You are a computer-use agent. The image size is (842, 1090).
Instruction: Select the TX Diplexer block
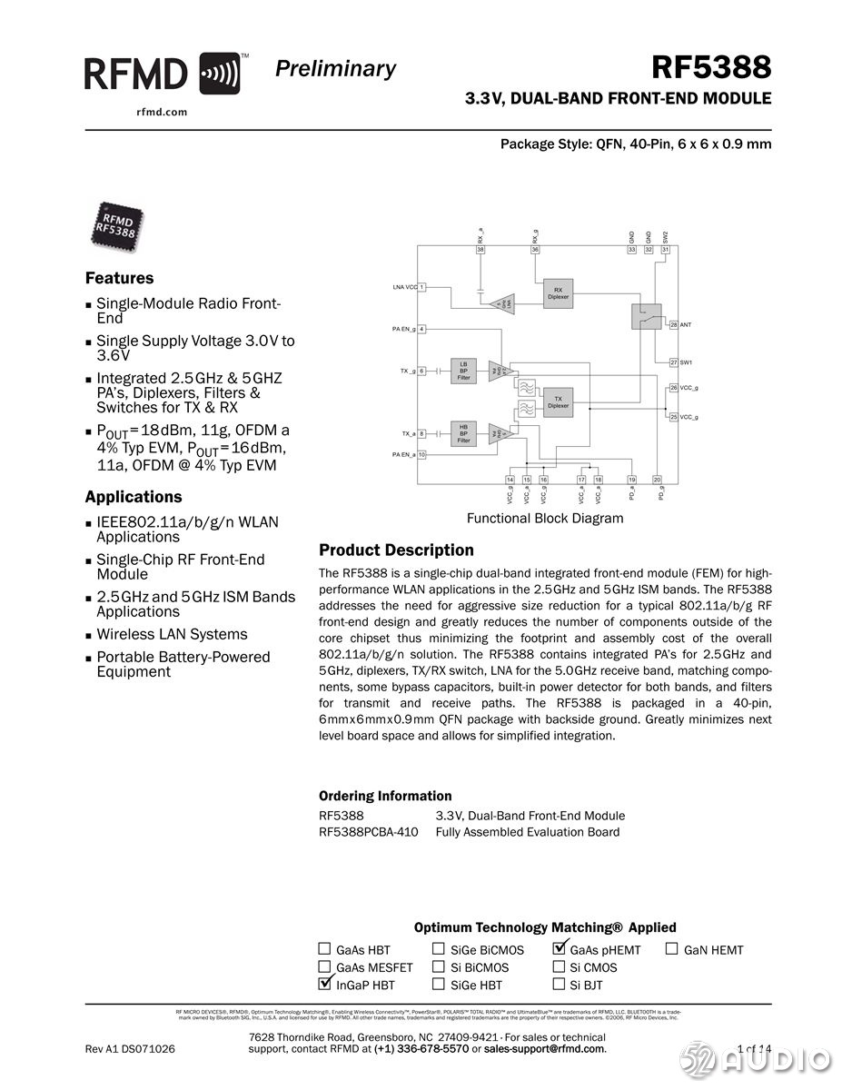558,402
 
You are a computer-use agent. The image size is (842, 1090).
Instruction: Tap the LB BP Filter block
463,371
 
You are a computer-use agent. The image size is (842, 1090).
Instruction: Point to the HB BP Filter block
463,433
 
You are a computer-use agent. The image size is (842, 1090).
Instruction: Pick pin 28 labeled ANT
673,324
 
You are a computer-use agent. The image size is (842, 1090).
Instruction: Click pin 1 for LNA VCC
422,287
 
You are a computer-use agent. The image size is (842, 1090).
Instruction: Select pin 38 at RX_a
480,249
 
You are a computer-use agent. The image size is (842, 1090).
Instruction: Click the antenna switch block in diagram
646,316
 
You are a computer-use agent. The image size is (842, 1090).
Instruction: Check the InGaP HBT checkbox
325,984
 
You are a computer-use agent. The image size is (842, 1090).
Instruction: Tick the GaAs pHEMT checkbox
560,949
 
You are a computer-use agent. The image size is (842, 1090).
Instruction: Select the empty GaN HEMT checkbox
672,949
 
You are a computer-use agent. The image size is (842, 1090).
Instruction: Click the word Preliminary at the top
335,69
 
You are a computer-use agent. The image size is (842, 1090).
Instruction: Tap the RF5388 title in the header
711,67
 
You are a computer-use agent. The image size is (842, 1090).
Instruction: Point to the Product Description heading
396,550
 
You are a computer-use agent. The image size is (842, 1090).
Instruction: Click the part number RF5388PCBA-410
369,832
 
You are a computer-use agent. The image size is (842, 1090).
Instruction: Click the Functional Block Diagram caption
545,519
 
